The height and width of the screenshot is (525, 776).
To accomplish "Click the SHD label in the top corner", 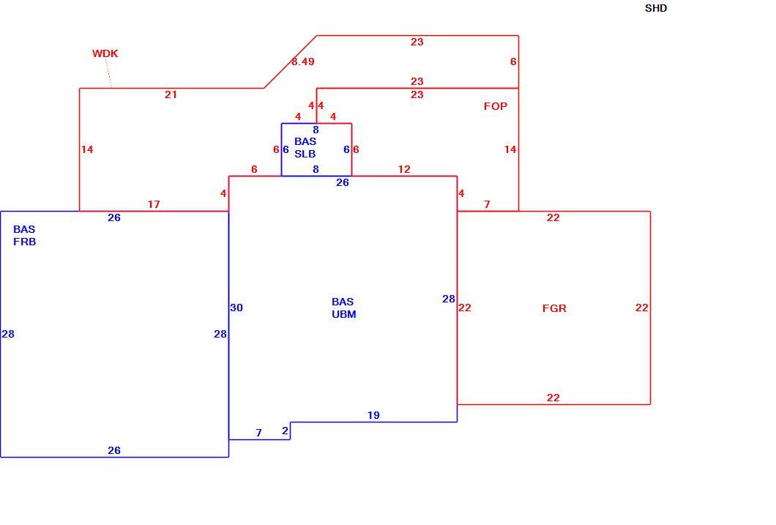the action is pyautogui.click(x=656, y=8).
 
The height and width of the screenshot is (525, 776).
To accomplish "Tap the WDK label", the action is pyautogui.click(x=105, y=53).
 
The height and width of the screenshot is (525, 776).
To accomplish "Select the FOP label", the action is pyautogui.click(x=496, y=106).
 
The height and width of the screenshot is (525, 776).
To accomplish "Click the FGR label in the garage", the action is pyautogui.click(x=554, y=308).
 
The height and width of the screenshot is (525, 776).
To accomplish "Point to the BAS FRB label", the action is pyautogui.click(x=24, y=236).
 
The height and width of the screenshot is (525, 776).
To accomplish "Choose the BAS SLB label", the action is pyautogui.click(x=305, y=147).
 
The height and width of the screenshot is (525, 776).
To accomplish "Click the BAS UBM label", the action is pyautogui.click(x=343, y=308).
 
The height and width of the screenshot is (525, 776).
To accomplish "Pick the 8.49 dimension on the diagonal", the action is pyautogui.click(x=303, y=62).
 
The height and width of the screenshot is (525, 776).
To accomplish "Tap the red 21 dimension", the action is pyautogui.click(x=171, y=94).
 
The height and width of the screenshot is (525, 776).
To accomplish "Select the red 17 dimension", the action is pyautogui.click(x=154, y=204).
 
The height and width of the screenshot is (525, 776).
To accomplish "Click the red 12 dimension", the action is pyautogui.click(x=404, y=169).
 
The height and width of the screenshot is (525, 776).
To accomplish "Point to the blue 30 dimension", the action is pyautogui.click(x=236, y=308).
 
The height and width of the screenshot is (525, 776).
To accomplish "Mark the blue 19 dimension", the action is pyautogui.click(x=373, y=415).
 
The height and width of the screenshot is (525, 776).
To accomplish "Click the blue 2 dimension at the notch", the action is pyautogui.click(x=285, y=431).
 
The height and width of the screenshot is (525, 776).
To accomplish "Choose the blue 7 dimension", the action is pyautogui.click(x=258, y=433).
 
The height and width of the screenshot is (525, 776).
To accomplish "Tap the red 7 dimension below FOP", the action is pyautogui.click(x=487, y=204).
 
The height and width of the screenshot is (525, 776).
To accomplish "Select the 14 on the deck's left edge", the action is pyautogui.click(x=87, y=149).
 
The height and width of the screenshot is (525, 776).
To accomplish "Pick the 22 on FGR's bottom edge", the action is pyautogui.click(x=553, y=398).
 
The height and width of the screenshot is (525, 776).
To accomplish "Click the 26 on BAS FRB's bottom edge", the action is pyautogui.click(x=113, y=450).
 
